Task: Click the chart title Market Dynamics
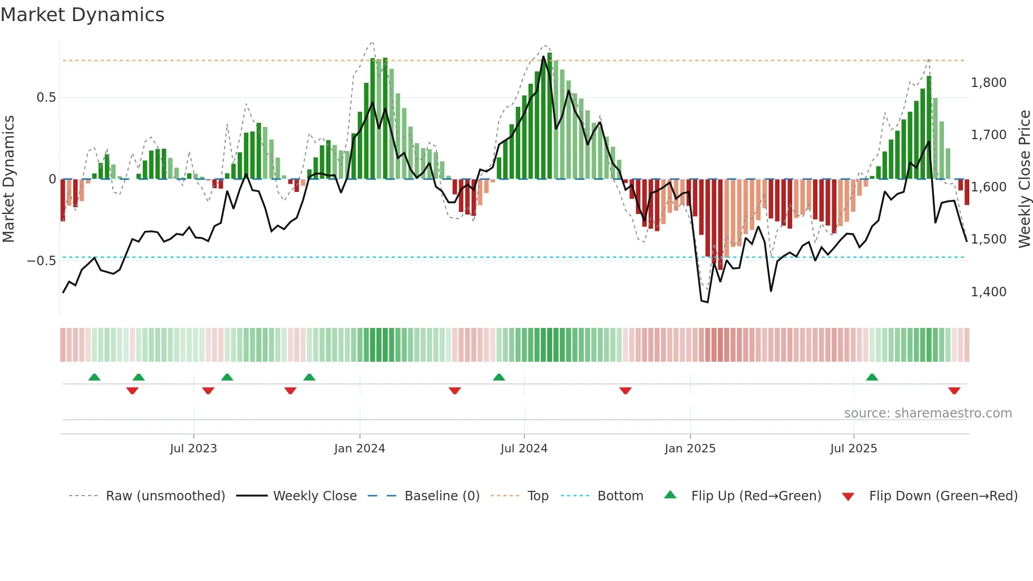pos(82,15)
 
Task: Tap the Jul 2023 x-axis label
pos(193,449)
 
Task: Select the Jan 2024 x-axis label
pos(359,449)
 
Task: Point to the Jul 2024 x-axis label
pos(524,449)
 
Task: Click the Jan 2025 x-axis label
pos(690,449)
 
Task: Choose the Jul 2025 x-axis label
pos(853,449)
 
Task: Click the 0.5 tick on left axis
pos(46,98)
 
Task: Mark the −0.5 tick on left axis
pos(41,261)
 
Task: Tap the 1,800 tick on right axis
pos(988,83)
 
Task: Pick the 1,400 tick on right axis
pos(988,292)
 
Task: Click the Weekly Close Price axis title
pos(1024,179)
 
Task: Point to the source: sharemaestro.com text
pos(928,413)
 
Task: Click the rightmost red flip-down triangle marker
pos(954,391)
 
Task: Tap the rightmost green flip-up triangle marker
pos(872,377)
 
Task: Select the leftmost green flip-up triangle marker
pos(94,377)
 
